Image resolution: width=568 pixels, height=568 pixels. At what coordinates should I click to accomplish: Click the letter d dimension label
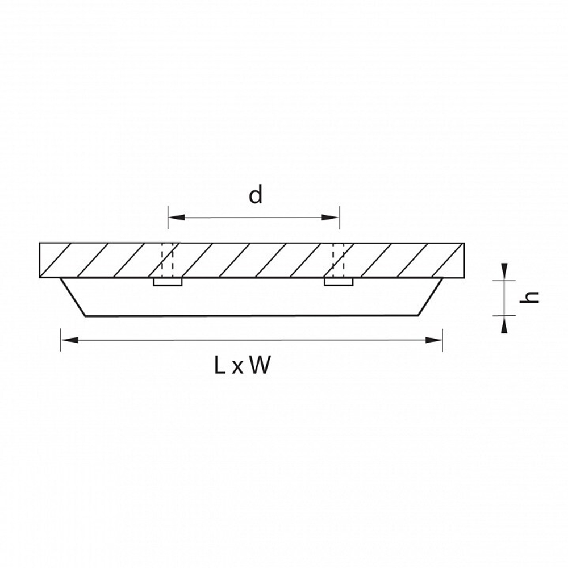click(x=256, y=195)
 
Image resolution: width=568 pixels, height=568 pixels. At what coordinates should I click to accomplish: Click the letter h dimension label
click(x=529, y=298)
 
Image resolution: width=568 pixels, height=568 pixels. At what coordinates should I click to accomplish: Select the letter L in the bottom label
click(x=220, y=365)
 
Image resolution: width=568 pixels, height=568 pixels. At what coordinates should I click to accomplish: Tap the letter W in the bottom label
click(x=260, y=365)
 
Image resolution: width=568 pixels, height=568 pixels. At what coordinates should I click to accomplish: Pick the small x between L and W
click(x=237, y=367)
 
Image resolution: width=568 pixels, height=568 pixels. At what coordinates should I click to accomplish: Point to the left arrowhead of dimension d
click(x=177, y=218)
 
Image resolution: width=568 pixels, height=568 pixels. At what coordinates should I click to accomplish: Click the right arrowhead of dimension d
click(x=331, y=218)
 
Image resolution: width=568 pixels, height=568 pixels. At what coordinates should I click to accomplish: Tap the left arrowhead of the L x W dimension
click(x=69, y=340)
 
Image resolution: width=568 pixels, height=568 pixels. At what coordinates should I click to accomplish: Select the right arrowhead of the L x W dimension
click(x=433, y=340)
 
